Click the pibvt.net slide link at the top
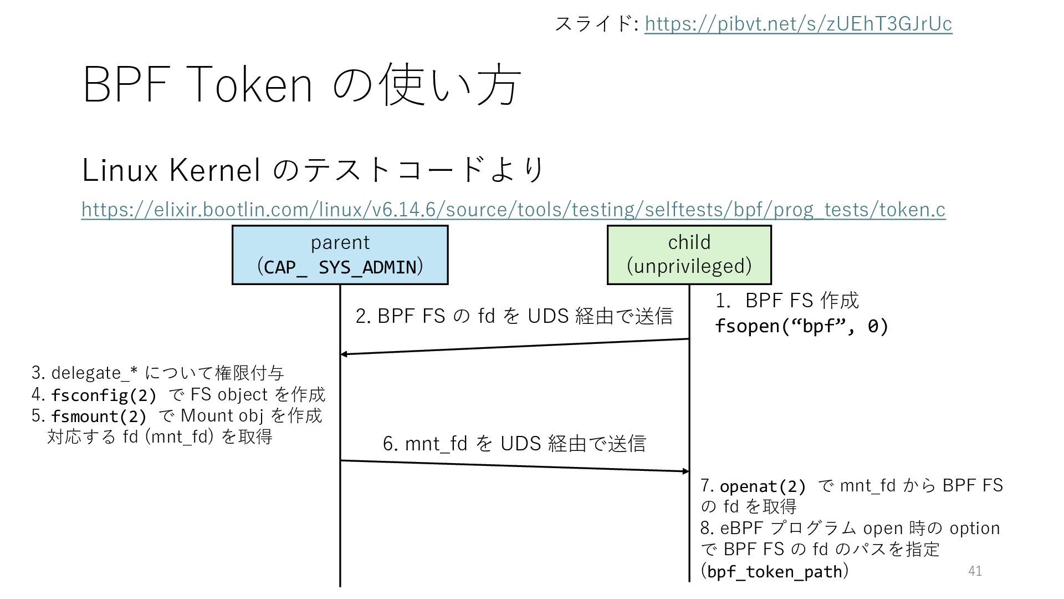[798, 24]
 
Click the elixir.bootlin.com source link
[513, 210]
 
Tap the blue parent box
[340, 255]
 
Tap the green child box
[689, 255]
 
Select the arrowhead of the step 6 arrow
[686, 471]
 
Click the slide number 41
[975, 571]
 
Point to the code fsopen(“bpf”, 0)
[801, 326]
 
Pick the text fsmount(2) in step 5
[99, 417]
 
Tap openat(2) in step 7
[763, 486]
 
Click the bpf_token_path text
[775, 571]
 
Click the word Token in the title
[245, 85]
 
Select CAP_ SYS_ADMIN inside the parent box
[340, 267]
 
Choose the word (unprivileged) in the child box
[689, 266]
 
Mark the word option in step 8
[974, 528]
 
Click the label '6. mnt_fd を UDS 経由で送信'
[514, 444]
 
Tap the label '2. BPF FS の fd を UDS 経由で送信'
[514, 316]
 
